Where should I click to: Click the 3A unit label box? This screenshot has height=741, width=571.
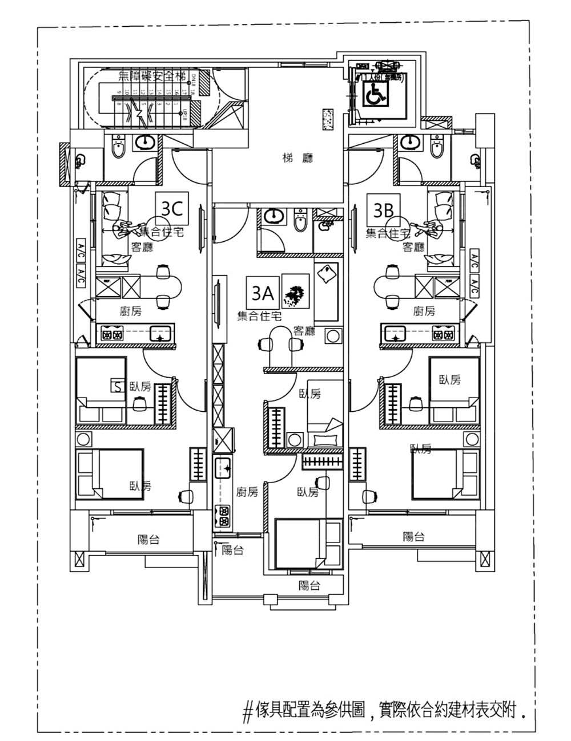point(262,293)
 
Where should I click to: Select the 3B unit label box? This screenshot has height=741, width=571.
point(384,210)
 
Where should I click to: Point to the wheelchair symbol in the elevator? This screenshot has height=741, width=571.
point(375,94)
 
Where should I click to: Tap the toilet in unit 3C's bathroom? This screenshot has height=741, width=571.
point(118,148)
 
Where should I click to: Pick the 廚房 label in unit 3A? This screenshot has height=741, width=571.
point(247,492)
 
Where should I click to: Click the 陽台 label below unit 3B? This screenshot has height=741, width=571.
point(414,536)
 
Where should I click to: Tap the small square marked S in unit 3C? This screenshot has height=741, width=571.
point(117,387)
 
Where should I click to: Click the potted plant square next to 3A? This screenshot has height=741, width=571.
point(296,292)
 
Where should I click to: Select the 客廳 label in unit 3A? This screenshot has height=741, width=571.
point(304,330)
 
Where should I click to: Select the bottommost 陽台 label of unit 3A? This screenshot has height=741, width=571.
point(309,585)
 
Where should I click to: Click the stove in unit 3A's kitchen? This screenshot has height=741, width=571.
point(222,516)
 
